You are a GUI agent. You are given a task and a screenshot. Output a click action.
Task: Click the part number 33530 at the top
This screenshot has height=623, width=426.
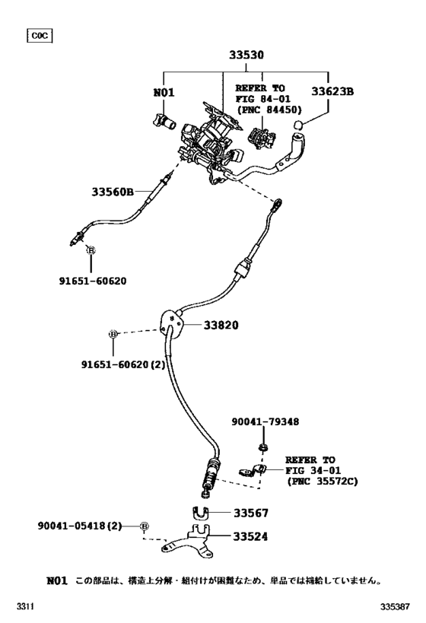pos(247,56)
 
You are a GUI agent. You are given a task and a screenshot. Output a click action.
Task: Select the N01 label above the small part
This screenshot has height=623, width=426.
pos(164,93)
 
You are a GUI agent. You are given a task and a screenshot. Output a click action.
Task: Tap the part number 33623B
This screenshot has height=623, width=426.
pos(332,93)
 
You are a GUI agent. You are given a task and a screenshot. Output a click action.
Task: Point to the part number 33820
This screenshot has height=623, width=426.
pos(221,324)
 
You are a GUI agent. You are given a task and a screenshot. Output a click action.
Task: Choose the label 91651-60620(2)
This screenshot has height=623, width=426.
pos(113,365)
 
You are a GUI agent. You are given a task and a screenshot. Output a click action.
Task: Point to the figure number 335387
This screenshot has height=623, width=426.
pos(396,609)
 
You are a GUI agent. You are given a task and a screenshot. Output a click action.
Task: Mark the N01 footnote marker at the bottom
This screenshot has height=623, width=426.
pos(57,580)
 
